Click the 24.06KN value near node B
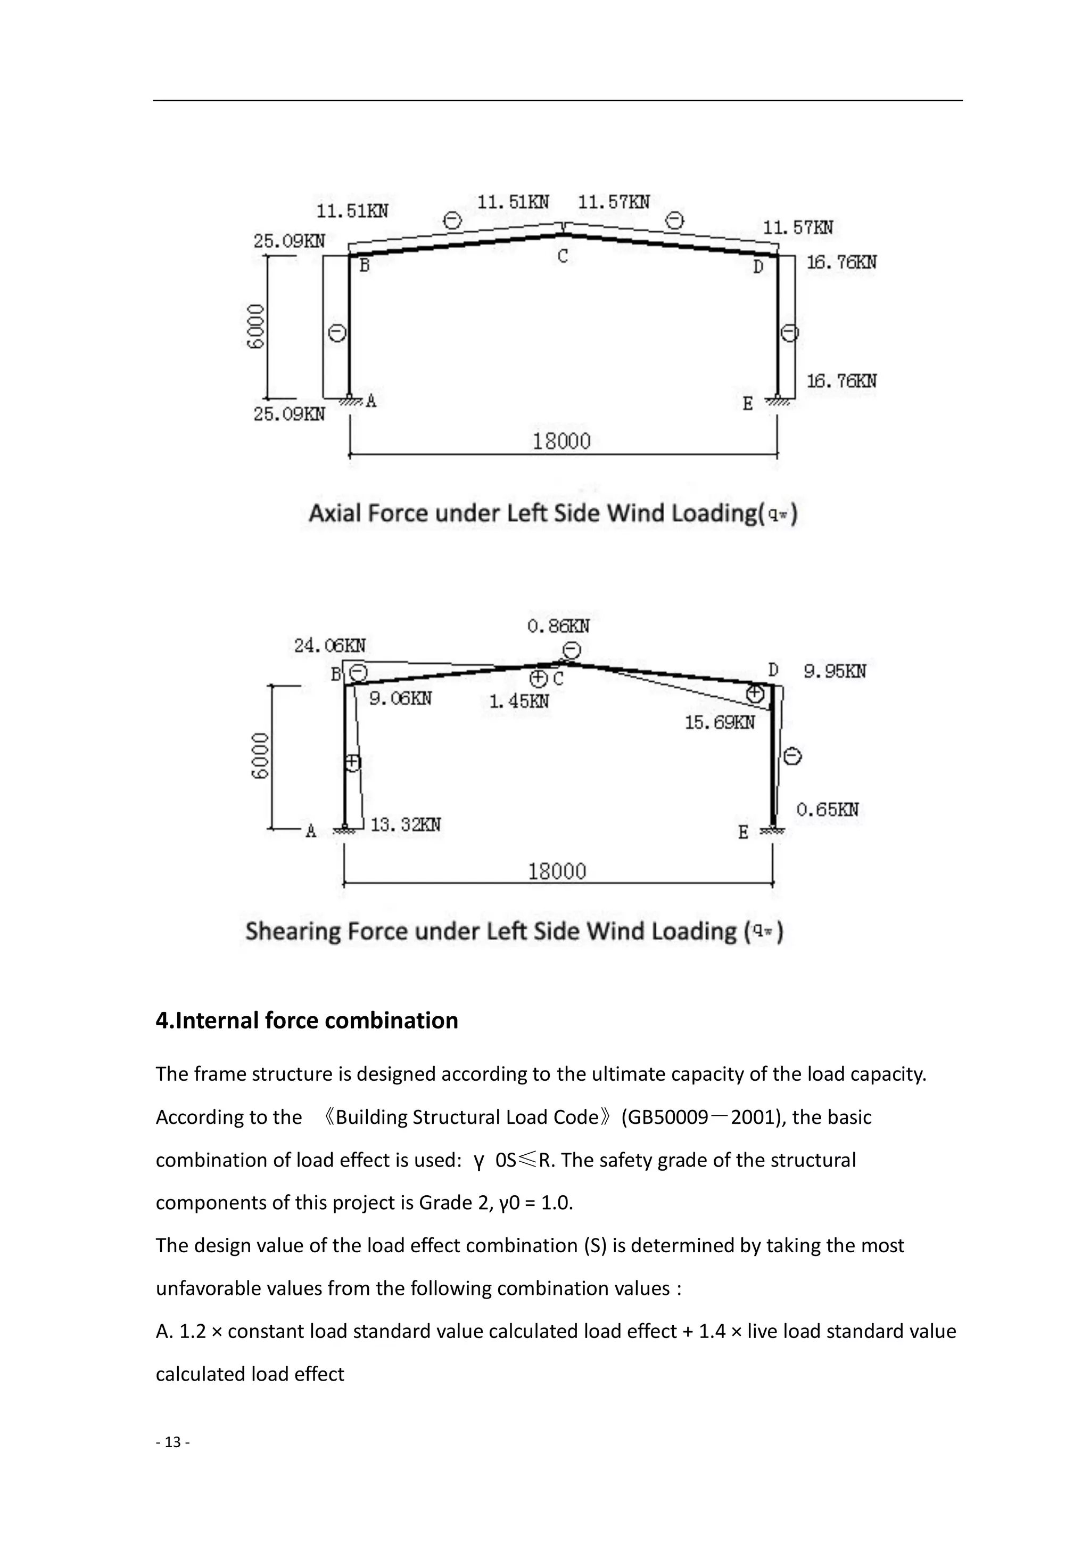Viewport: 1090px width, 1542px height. (329, 646)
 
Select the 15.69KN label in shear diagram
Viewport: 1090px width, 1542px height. (720, 723)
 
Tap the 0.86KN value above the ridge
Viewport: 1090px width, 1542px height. (558, 626)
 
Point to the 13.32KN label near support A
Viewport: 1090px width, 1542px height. (406, 825)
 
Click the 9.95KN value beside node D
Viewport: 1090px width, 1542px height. (835, 672)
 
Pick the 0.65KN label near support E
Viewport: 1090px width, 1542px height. (827, 810)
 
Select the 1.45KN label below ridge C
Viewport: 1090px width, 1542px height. (519, 702)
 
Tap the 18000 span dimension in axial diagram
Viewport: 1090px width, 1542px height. (561, 442)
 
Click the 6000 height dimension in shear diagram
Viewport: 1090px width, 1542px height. (260, 756)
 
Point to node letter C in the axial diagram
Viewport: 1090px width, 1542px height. (563, 257)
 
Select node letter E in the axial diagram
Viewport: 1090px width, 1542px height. (748, 404)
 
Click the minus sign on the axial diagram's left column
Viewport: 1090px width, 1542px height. (337, 332)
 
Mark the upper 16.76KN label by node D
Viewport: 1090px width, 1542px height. (841, 263)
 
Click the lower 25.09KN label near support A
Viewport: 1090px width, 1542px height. (288, 414)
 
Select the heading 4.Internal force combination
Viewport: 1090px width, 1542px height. (307, 1020)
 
